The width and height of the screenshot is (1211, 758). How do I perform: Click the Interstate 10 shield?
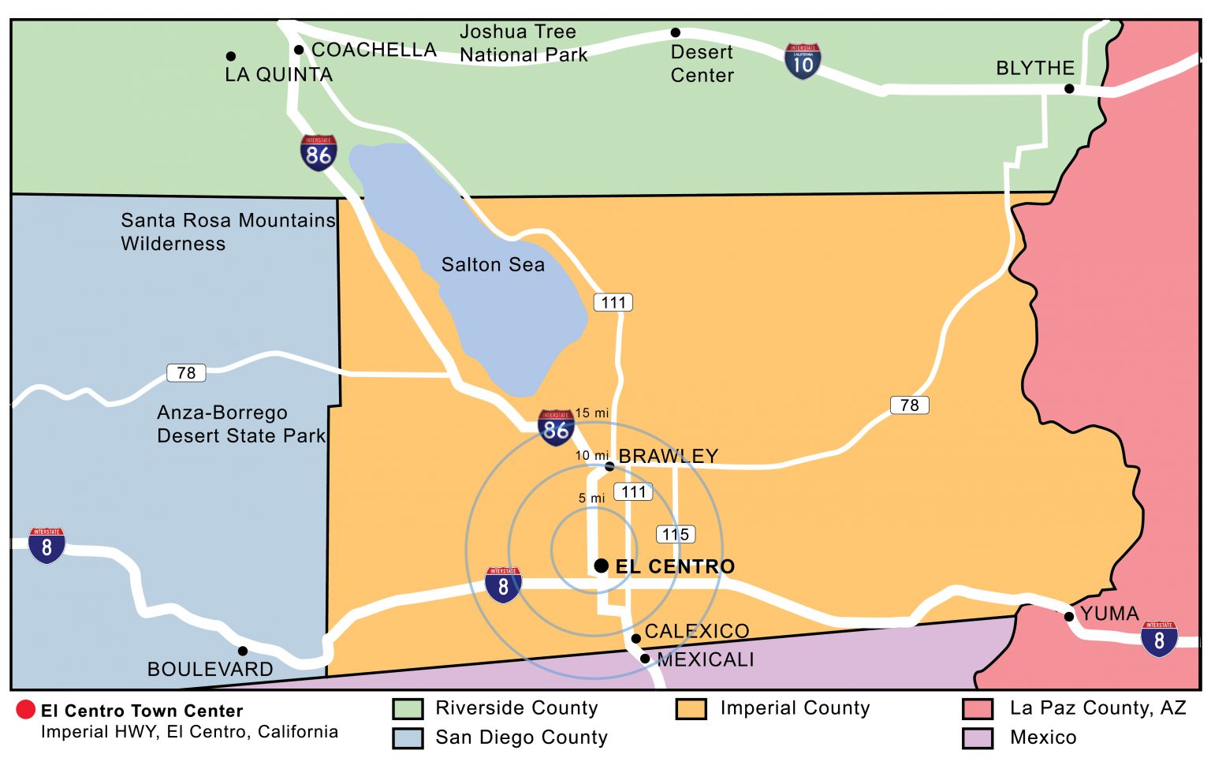pyautogui.click(x=803, y=62)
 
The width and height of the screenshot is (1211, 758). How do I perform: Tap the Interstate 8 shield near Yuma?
pyautogui.click(x=1158, y=639)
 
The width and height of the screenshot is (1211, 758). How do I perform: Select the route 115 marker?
pyautogui.click(x=676, y=534)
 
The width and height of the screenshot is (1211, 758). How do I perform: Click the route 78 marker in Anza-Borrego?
pyautogui.click(x=186, y=372)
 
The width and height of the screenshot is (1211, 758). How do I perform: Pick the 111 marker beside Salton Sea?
pyautogui.click(x=613, y=302)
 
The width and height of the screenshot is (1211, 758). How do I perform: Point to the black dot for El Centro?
pyautogui.click(x=601, y=566)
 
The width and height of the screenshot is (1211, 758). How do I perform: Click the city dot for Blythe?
pyautogui.click(x=1069, y=88)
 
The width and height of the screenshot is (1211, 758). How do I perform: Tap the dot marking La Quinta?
pyautogui.click(x=231, y=56)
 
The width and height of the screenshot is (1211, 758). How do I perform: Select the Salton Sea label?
pyautogui.click(x=493, y=264)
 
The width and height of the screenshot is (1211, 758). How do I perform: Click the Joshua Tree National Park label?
pyautogui.click(x=523, y=43)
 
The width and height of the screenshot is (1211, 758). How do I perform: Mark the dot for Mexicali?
pyautogui.click(x=645, y=659)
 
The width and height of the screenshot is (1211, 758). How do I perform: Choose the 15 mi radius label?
pyautogui.click(x=591, y=413)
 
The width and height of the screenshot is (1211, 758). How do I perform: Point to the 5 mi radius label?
pyautogui.click(x=591, y=498)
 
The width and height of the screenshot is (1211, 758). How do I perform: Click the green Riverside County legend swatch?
pyautogui.click(x=408, y=708)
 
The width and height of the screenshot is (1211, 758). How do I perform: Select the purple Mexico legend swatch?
pyautogui.click(x=978, y=737)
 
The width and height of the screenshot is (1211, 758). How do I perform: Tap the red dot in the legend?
pyautogui.click(x=25, y=710)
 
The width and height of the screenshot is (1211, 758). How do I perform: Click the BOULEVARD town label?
pyautogui.click(x=210, y=669)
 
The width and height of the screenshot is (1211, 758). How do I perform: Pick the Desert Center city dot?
pyautogui.click(x=676, y=32)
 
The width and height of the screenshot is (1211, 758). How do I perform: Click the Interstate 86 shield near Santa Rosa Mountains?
pyautogui.click(x=319, y=153)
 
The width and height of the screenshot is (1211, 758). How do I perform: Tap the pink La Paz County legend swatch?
pyautogui.click(x=978, y=708)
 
